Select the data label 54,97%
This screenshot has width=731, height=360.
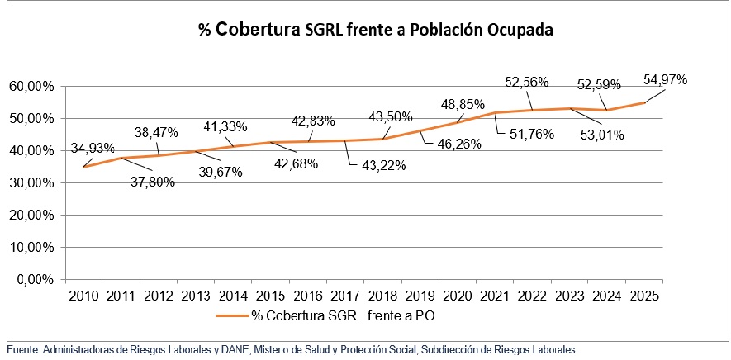point(665,79)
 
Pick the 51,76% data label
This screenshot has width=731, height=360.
point(526,132)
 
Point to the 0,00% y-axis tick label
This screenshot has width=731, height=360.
point(35,279)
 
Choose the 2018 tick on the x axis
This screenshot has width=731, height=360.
point(382,296)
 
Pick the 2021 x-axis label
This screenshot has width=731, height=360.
point(494,296)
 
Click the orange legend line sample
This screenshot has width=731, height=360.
point(232,315)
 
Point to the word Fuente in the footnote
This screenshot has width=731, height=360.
point(22,350)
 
